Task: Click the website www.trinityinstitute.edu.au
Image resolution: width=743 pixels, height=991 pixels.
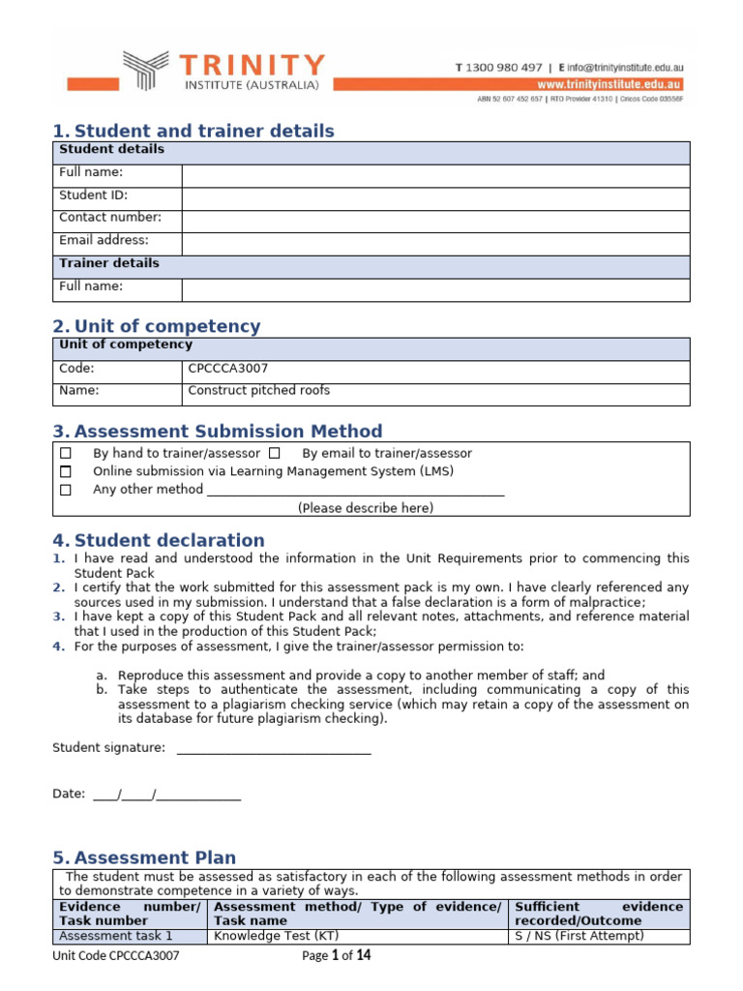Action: tap(610, 84)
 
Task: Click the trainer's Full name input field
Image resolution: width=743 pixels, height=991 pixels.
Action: tap(435, 289)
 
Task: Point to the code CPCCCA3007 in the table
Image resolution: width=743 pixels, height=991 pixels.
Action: tap(228, 369)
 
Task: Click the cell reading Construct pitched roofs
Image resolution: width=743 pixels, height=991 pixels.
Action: tap(258, 391)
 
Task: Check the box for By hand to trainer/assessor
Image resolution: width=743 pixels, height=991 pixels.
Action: tap(66, 453)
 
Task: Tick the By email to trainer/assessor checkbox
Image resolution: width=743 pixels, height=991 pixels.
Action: tap(275, 453)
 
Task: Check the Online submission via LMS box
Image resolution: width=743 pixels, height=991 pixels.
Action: tap(66, 471)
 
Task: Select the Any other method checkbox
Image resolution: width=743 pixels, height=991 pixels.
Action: tap(66, 490)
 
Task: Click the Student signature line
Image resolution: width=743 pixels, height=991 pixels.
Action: tap(274, 748)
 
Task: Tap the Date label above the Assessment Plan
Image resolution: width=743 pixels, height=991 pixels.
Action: tap(68, 795)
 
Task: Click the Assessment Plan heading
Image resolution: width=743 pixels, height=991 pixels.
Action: tap(155, 858)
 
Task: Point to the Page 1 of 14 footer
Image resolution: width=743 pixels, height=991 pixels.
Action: tap(336, 956)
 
